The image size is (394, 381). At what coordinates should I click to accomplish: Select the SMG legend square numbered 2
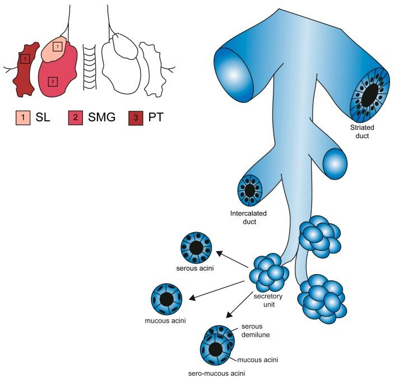point(73,117)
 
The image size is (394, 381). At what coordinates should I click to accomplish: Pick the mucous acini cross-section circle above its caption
point(166,299)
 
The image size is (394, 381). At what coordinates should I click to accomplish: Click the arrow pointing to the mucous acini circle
point(219,287)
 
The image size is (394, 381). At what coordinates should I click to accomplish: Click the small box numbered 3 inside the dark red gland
point(24,58)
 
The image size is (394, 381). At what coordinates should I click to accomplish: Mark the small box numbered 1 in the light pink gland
point(57,46)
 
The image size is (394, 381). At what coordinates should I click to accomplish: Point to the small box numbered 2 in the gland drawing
point(52,81)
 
